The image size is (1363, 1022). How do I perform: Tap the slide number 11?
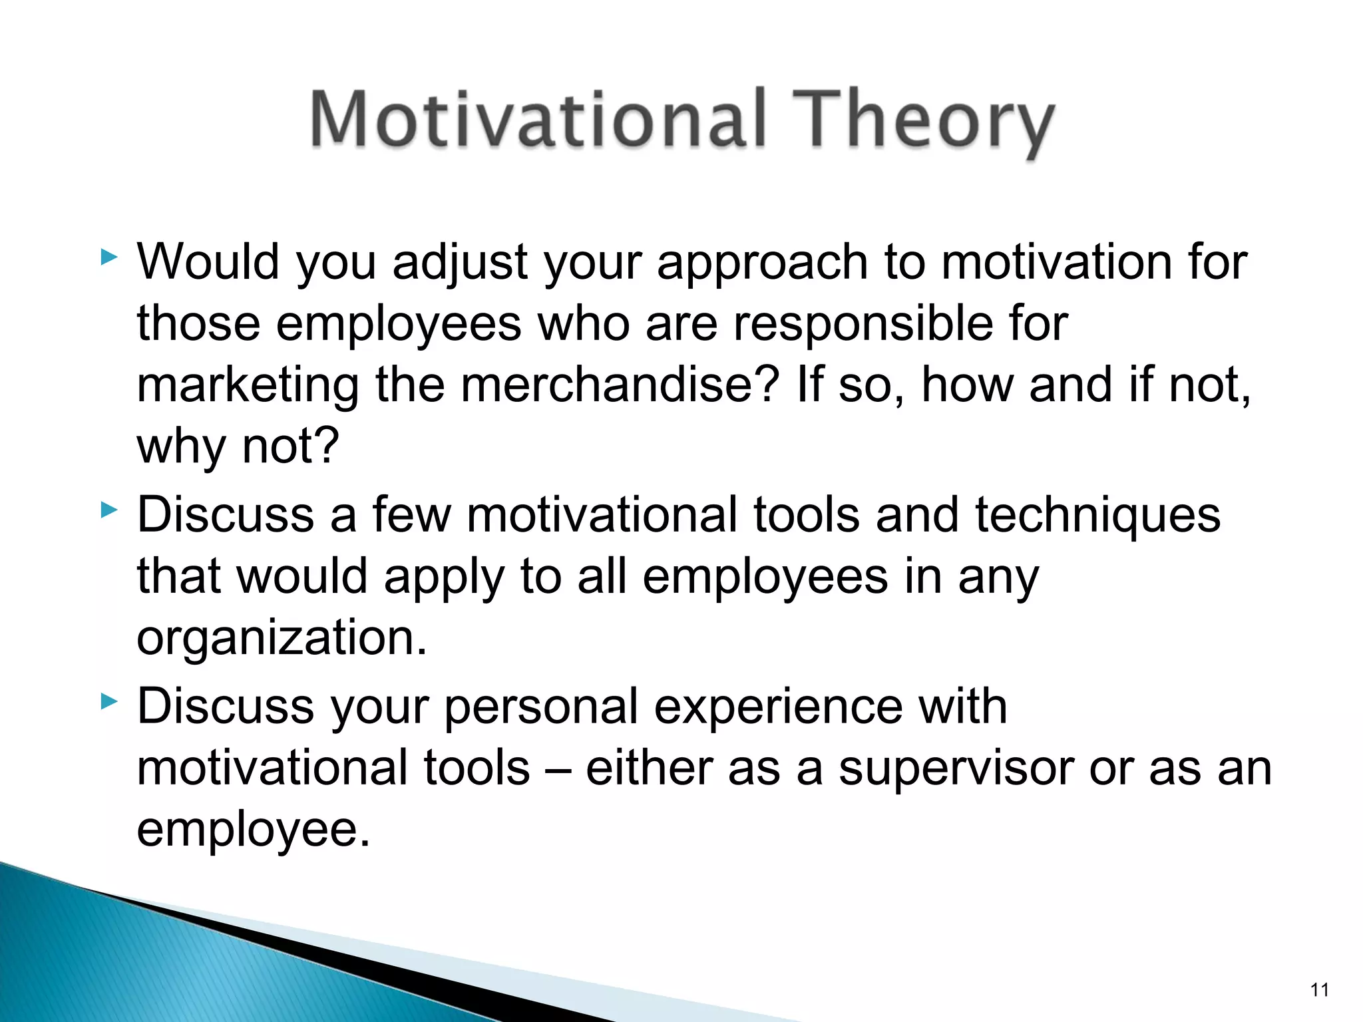pos(1319,990)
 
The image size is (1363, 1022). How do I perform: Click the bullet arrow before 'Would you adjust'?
pos(108,257)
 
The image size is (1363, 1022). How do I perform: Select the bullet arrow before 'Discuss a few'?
pos(108,511)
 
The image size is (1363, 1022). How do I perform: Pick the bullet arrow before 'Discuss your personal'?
pos(108,701)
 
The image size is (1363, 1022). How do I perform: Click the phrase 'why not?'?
pos(238,446)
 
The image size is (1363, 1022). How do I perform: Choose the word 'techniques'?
pos(1097,516)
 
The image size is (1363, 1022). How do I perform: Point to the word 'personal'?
pos(541,708)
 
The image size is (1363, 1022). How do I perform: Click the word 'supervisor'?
pos(955,769)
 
